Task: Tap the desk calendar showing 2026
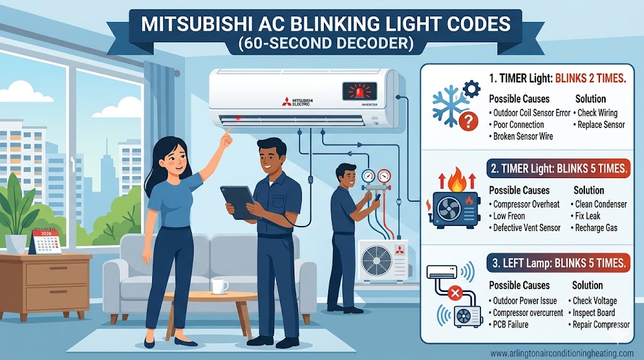[x=45, y=241]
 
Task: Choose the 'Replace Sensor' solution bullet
[x=601, y=125]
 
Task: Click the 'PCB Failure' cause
[x=511, y=324]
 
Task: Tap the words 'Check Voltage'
[x=594, y=301]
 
